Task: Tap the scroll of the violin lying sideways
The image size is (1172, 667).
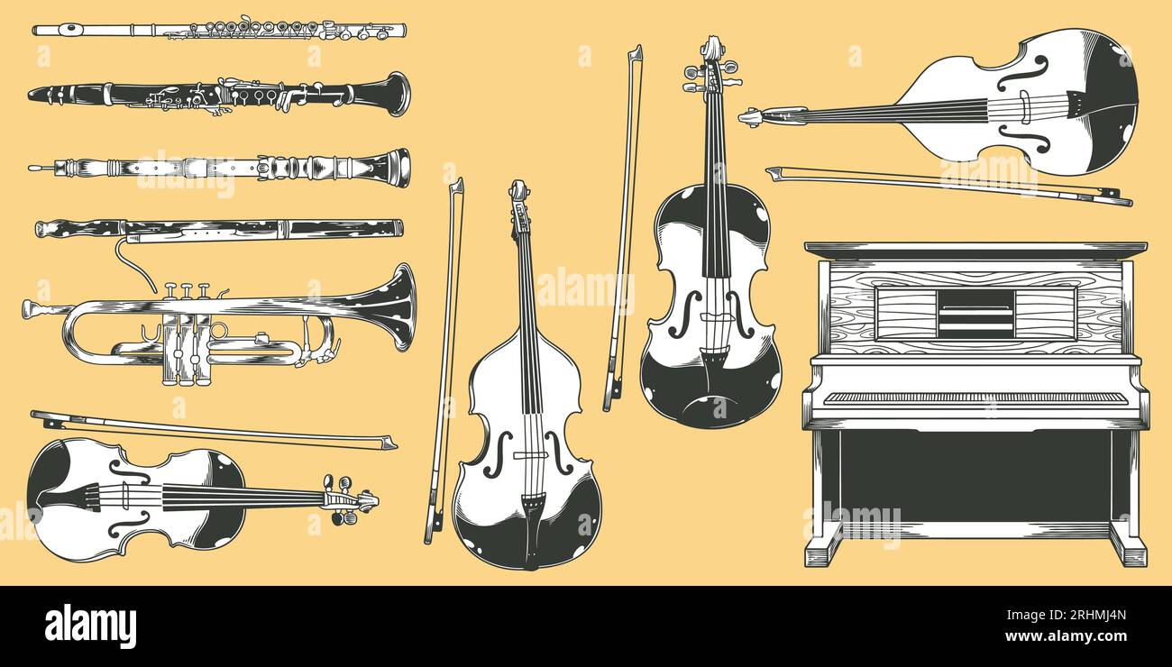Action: point(363,499)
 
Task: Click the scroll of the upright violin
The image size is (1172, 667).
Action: point(712,50)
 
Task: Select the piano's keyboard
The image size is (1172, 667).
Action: point(975,397)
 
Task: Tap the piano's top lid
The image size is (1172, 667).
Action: point(975,247)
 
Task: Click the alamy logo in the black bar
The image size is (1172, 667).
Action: point(91,626)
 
